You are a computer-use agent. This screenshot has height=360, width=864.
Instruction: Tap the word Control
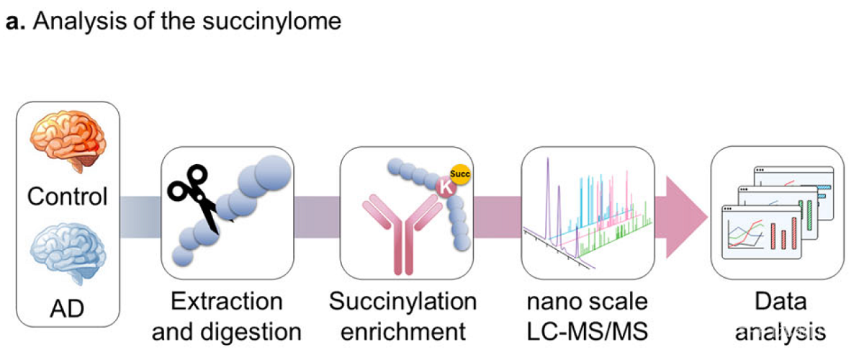point(68,196)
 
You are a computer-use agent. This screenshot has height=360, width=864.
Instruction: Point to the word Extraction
point(227,301)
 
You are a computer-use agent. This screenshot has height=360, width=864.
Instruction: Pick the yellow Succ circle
point(460,174)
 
